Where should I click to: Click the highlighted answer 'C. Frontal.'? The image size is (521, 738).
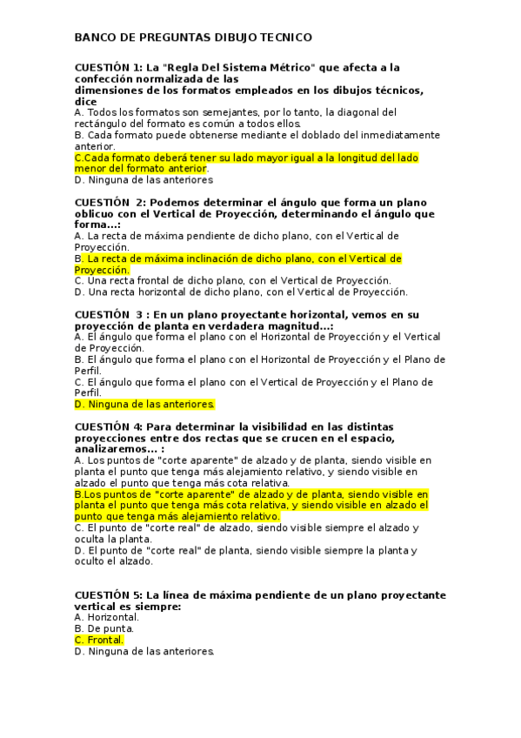point(99,640)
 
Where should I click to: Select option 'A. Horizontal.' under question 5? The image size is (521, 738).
point(107,617)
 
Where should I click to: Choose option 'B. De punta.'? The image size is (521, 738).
point(104,628)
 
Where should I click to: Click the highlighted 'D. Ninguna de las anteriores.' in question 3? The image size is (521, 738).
point(144,405)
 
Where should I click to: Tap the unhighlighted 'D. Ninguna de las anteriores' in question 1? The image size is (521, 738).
point(144,180)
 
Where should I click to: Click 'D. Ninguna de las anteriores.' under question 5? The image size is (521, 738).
point(144,651)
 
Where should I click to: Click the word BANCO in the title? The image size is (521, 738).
point(93,38)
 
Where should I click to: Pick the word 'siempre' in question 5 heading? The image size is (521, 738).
point(156,607)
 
